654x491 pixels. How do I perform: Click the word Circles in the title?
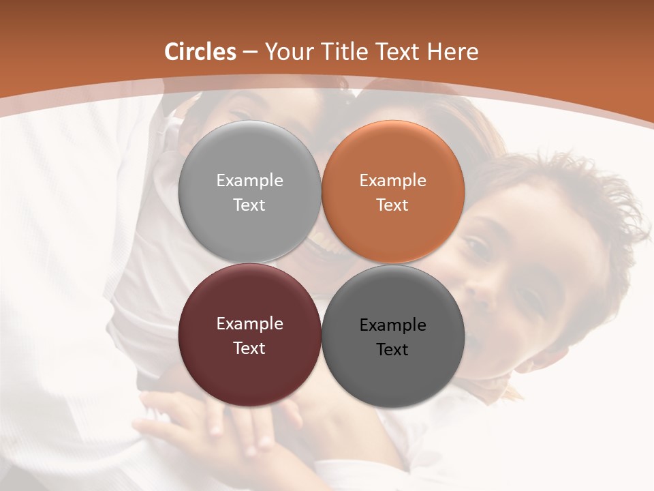(200, 52)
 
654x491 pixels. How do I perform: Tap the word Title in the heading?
(344, 52)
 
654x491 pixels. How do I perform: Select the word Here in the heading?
(453, 52)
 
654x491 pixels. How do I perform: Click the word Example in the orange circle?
(393, 181)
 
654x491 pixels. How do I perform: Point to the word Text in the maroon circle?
(249, 348)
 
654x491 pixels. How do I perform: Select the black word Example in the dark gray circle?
(393, 325)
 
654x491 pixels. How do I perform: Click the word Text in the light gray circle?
(249, 205)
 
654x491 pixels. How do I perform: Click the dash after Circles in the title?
(250, 53)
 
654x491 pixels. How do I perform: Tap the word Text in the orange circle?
(393, 205)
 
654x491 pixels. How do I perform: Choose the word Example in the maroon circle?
(249, 324)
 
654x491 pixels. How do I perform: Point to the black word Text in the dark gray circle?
(393, 350)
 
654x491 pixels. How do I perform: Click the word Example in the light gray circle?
(249, 181)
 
